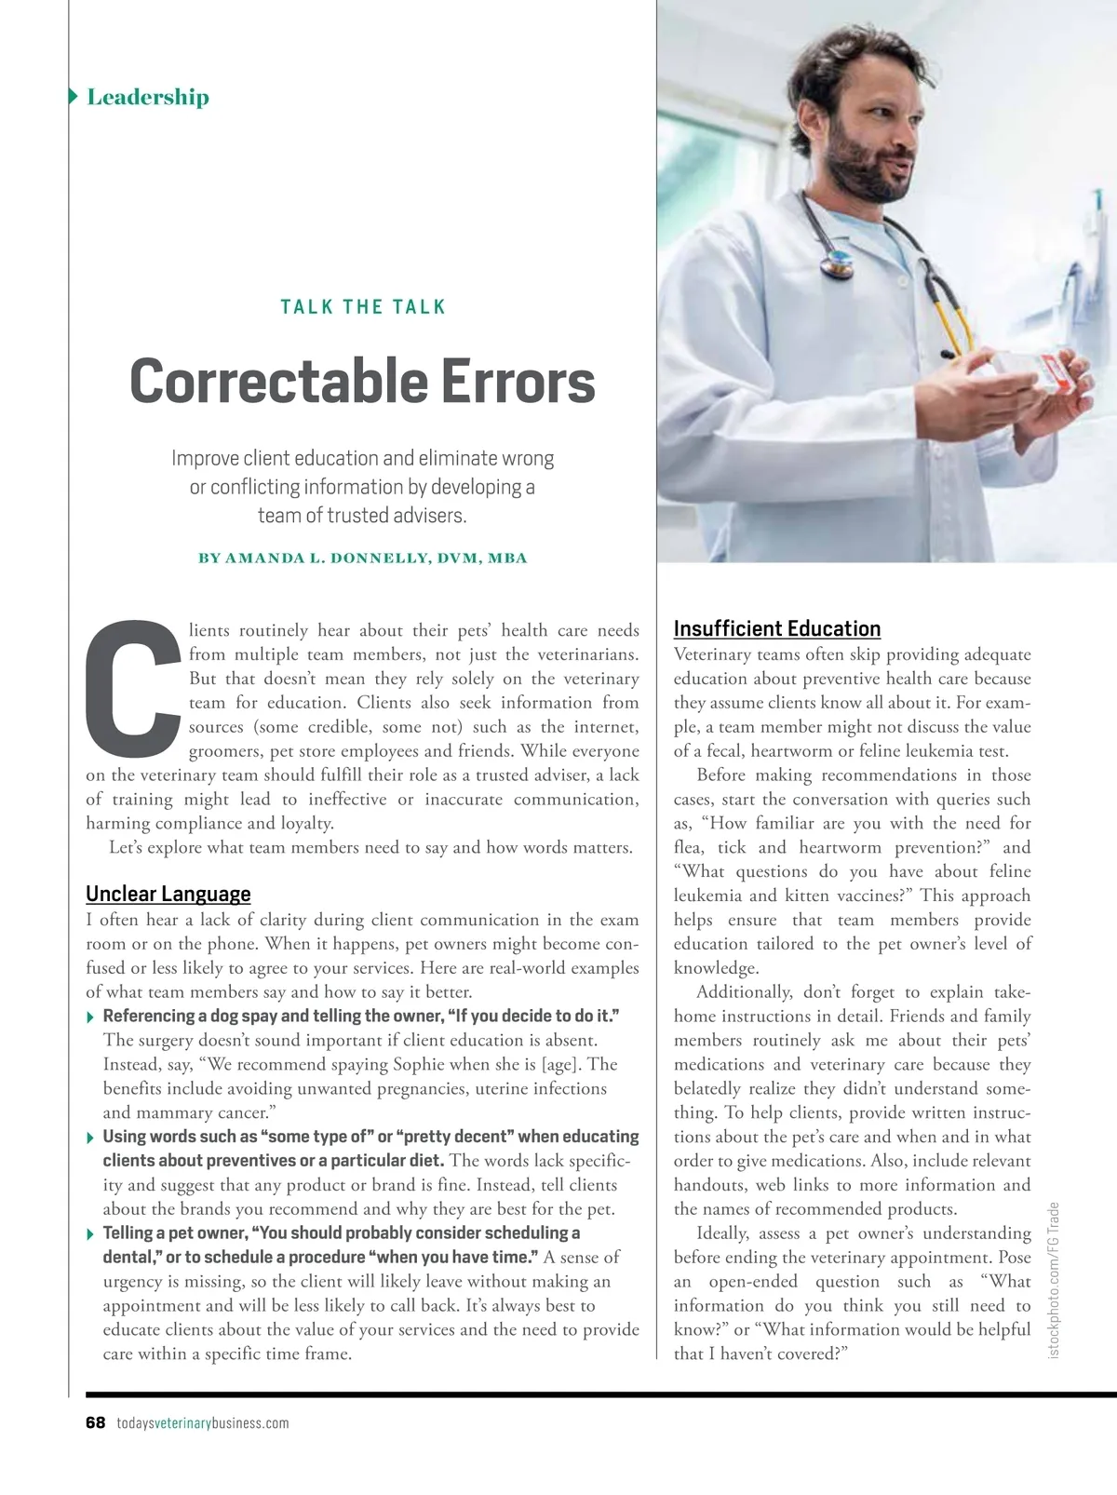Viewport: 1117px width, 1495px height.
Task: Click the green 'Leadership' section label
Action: coord(147,97)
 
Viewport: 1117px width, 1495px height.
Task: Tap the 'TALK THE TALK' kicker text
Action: coord(363,307)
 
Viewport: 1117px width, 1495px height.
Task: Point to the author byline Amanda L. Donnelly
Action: coord(362,559)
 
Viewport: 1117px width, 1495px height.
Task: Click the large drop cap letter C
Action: coord(132,687)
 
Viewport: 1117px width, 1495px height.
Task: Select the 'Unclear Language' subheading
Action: coord(168,895)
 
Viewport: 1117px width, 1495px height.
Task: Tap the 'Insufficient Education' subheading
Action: coord(776,629)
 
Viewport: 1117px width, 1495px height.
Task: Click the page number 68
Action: coord(95,1423)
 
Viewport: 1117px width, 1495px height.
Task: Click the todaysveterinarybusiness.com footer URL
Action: coord(203,1423)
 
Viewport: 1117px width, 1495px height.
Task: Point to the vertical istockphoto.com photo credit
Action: coord(1054,1279)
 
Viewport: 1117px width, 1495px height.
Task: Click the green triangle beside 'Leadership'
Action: coord(74,96)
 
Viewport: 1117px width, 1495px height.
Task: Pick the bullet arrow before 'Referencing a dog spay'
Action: coord(90,1017)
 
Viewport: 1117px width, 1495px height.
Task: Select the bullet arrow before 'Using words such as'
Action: coord(90,1138)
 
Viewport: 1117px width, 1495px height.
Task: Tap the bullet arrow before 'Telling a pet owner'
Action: coord(90,1234)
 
